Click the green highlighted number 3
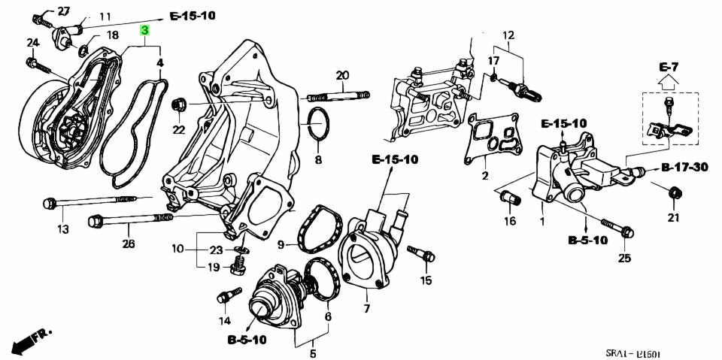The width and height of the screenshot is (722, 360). pyautogui.click(x=145, y=31)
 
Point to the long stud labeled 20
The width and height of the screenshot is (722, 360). pyautogui.click(x=338, y=96)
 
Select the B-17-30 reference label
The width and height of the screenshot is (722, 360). pyautogui.click(x=685, y=167)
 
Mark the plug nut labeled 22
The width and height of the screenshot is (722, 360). pyautogui.click(x=180, y=103)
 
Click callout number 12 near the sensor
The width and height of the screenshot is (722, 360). pyautogui.click(x=508, y=35)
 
